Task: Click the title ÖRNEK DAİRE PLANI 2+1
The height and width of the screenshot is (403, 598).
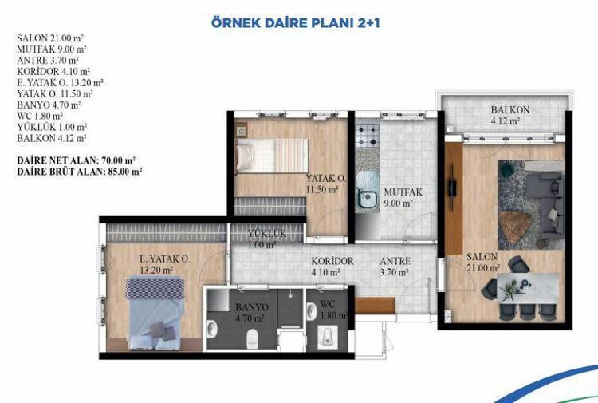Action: [296, 22]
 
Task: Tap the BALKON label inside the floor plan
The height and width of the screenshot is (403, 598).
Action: [510, 110]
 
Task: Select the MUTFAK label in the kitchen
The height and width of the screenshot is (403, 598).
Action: [403, 192]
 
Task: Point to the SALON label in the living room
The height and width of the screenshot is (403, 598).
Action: [482, 257]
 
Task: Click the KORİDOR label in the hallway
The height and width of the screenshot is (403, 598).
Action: [332, 262]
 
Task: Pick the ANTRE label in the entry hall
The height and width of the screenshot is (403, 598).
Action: [395, 262]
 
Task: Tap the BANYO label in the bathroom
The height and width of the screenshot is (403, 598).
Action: [252, 307]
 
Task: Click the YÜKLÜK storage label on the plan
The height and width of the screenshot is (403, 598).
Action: [266, 234]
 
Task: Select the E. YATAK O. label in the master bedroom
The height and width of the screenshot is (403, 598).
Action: [165, 259]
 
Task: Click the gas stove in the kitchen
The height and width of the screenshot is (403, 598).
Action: [367, 136]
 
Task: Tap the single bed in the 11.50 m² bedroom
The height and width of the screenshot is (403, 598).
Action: [272, 156]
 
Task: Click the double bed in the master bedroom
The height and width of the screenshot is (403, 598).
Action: [155, 313]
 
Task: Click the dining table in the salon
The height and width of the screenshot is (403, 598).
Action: [528, 288]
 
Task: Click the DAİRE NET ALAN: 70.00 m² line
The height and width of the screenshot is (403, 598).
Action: [77, 160]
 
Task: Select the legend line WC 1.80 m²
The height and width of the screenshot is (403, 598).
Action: [40, 116]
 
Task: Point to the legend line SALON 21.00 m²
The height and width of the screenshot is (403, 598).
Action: [50, 38]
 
